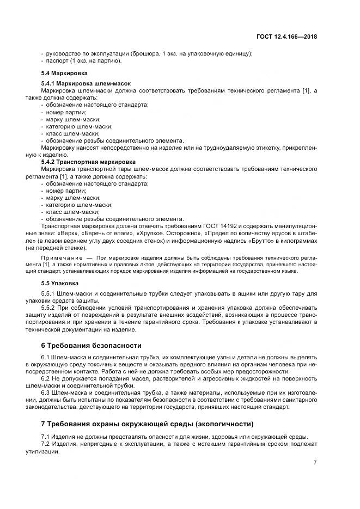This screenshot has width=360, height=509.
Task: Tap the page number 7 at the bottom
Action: [315, 463]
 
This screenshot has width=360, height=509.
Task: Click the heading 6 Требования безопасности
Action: [91, 346]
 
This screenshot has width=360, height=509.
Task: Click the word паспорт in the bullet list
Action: [58, 60]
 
